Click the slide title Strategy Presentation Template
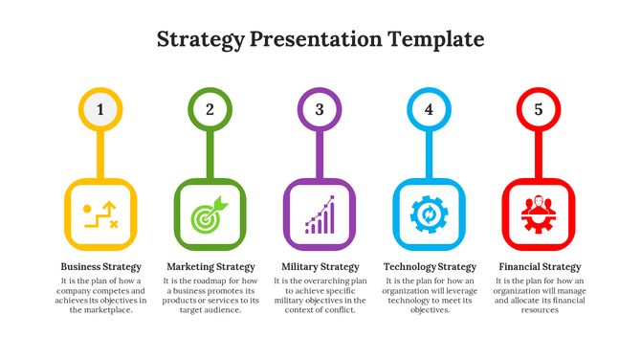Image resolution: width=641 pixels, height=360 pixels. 320,39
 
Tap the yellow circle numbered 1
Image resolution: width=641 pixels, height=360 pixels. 100,109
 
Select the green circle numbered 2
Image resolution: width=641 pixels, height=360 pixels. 210,109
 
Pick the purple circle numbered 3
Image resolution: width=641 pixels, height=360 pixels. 320,109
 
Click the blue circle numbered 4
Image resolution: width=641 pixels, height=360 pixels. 429,109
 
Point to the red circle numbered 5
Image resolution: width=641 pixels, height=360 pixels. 538,109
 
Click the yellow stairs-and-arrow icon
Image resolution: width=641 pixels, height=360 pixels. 100,214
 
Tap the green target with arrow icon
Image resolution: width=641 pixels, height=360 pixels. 210,214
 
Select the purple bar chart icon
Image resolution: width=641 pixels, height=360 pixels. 320,214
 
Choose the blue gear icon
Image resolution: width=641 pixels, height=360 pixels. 429,214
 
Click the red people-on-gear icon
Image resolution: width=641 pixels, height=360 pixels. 538,214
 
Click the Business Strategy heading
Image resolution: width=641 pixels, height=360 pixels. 100,267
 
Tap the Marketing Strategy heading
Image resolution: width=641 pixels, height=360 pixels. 210,267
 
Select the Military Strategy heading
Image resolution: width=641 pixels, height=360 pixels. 320,267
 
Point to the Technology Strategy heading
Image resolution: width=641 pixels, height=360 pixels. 430,267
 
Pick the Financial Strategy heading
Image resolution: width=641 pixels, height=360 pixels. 539,267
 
